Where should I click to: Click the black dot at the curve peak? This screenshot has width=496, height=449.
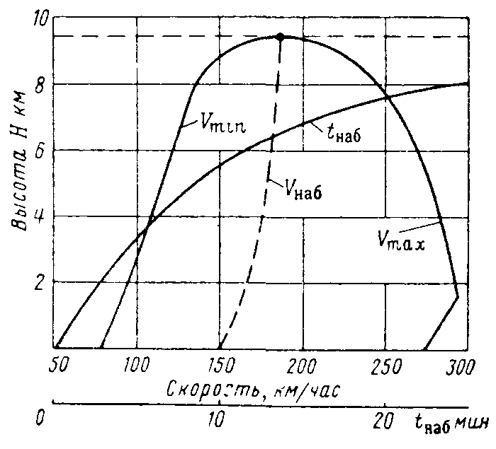(280, 37)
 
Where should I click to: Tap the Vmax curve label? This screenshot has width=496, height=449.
(400, 244)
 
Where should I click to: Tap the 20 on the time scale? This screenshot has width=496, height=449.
(383, 419)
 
